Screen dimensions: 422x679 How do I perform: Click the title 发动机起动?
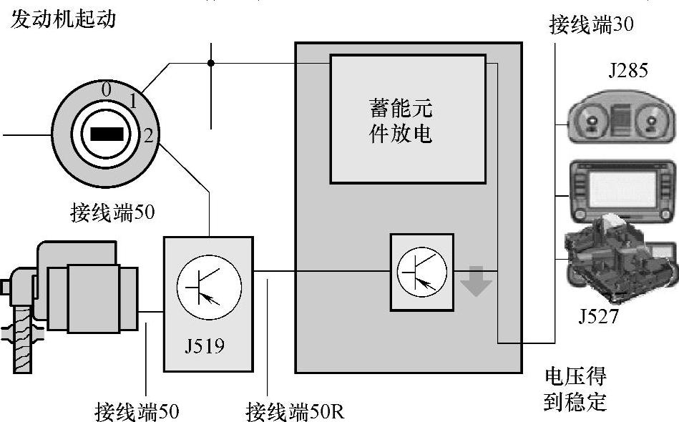tap(63, 18)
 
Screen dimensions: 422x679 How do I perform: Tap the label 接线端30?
tap(591, 26)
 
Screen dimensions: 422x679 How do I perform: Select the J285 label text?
tap(628, 71)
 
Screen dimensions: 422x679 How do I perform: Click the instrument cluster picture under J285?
tap(620, 122)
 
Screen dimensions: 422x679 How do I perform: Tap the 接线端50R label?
tap(295, 411)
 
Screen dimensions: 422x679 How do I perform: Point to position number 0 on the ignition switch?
tap(106, 90)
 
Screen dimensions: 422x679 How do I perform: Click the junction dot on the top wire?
tap(211, 63)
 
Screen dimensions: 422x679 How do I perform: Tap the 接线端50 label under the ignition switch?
tap(112, 212)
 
